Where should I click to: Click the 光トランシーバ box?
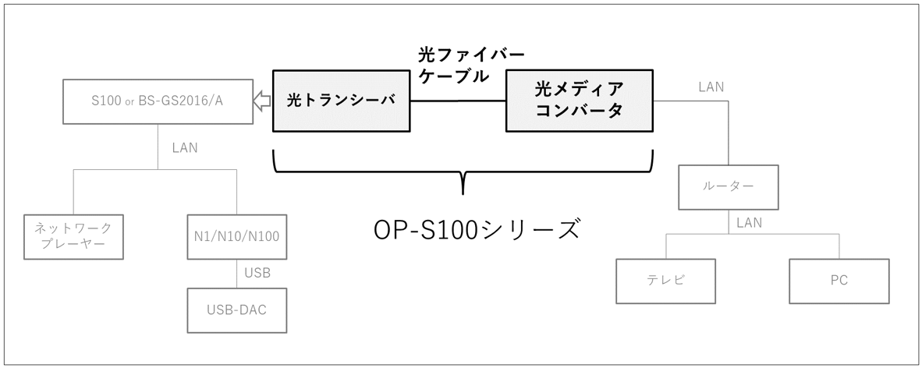[x=342, y=101]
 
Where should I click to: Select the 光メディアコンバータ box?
[x=580, y=99]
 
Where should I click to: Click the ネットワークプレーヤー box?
[x=73, y=236]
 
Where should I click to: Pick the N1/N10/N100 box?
[x=236, y=236]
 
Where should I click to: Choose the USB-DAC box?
[x=236, y=310]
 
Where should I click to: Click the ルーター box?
[x=728, y=187]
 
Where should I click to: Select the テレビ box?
[x=665, y=281]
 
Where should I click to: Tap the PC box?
[x=839, y=281]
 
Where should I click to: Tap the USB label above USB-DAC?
[x=257, y=274]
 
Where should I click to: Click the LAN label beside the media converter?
[x=711, y=87]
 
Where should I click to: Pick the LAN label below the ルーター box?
[x=749, y=223]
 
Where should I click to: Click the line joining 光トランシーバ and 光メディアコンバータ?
[x=458, y=101]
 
